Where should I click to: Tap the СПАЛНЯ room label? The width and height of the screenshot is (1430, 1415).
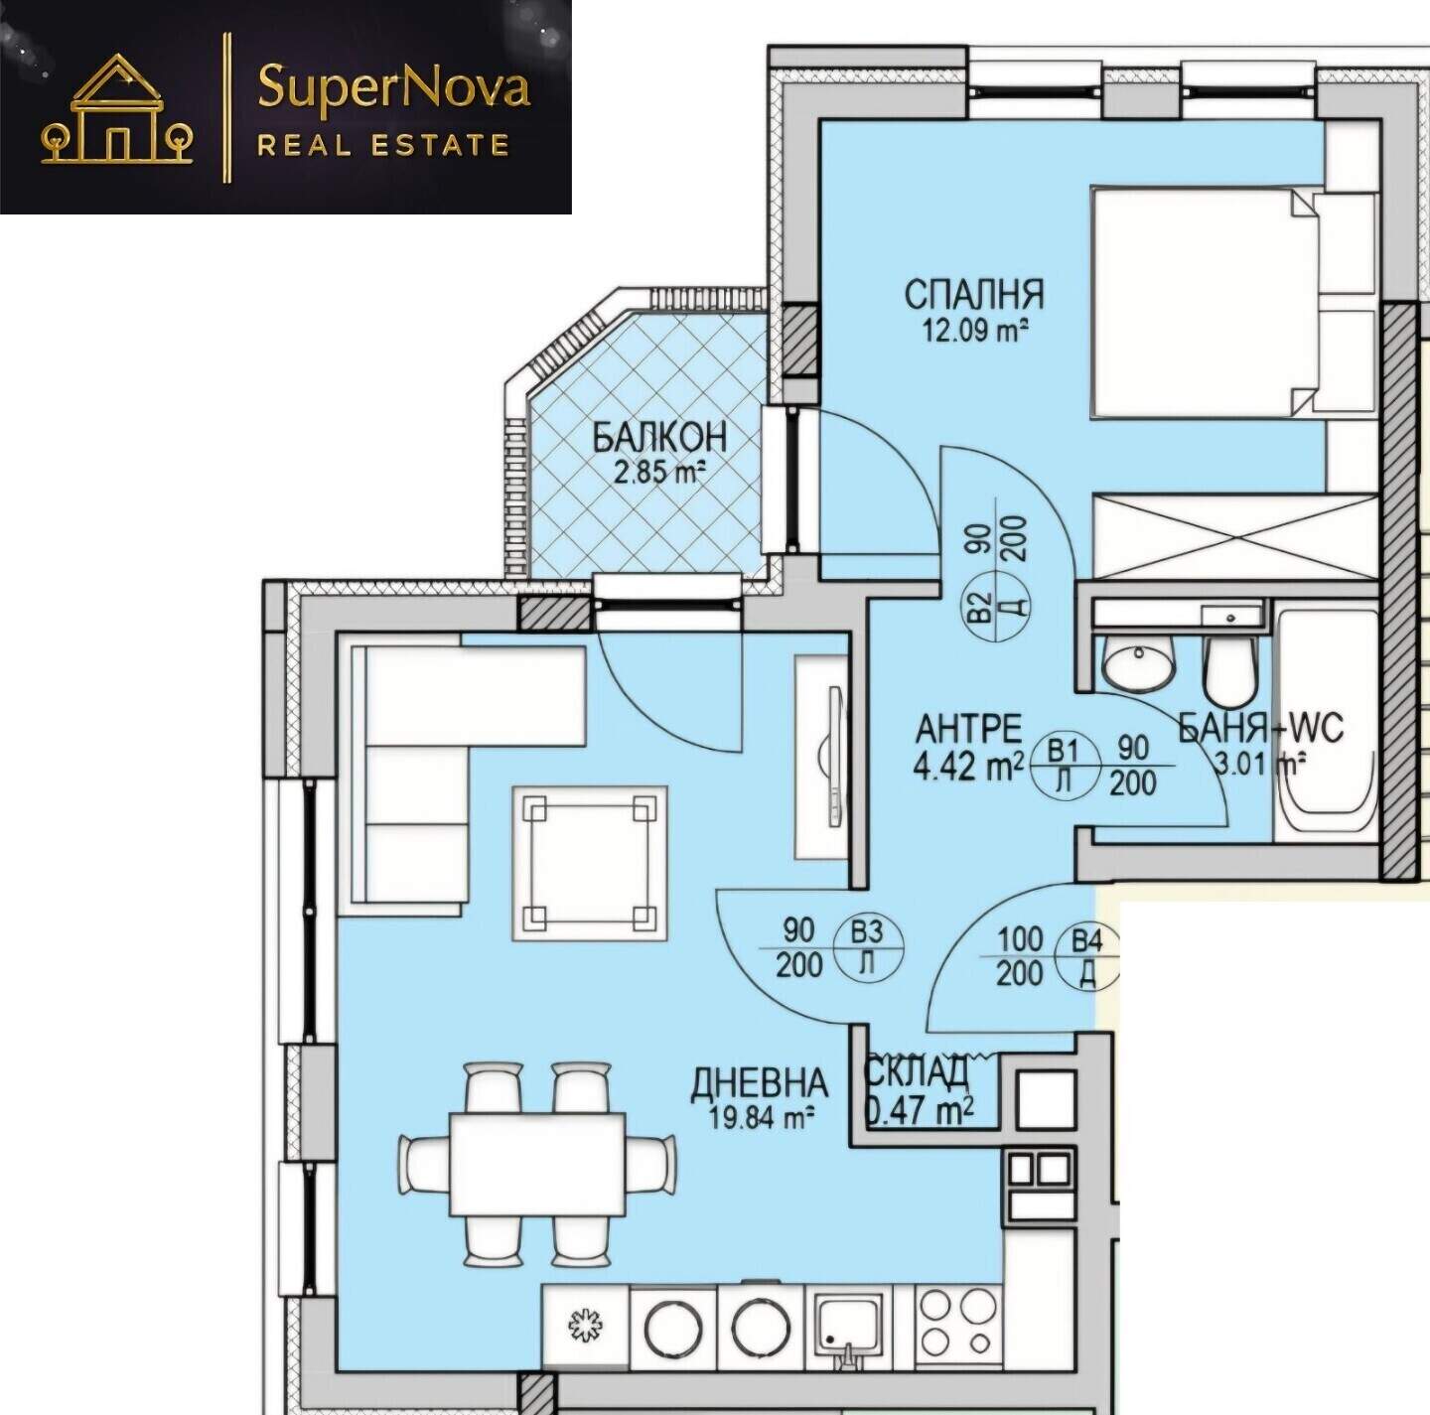coord(973,295)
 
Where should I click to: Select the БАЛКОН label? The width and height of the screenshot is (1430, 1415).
coord(659,438)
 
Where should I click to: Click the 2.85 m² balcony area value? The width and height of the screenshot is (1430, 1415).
coord(658,472)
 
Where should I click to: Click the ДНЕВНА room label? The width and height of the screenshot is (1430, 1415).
coord(759,1083)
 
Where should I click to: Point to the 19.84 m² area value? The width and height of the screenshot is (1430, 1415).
coord(757,1116)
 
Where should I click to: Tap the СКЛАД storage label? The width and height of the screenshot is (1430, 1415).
coord(918,1071)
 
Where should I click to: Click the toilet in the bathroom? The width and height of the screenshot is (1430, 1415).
coord(1230,669)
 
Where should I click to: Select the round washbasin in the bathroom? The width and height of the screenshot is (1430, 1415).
coord(1138,663)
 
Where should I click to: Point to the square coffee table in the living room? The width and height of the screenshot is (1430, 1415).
coord(590,864)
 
